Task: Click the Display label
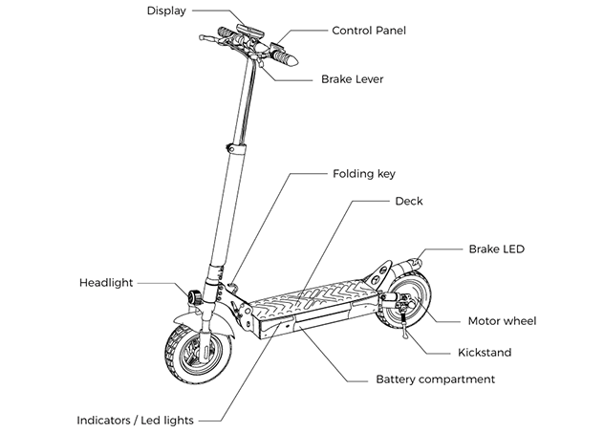coord(166,11)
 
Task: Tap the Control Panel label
coord(369,31)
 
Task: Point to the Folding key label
coord(364,174)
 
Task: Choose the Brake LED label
coord(496,249)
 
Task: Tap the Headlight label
coord(105,283)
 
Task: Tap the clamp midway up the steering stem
coord(230,148)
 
